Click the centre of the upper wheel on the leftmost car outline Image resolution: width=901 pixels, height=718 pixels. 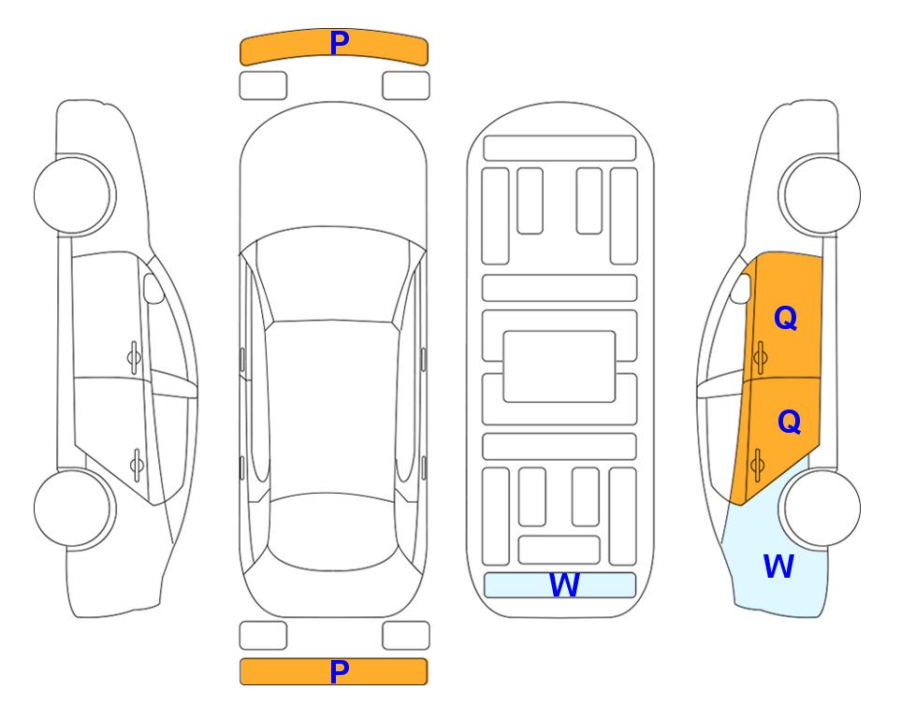coord(72,195)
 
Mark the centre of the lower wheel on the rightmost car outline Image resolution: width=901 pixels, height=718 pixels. coord(822,508)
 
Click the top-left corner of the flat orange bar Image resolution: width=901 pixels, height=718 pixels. coord(240,659)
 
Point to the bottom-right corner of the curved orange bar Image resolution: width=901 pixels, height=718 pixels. coord(428,65)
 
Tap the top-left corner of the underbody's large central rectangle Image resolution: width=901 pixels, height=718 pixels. coord(503,331)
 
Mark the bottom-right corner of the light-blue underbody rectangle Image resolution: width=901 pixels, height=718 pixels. coord(635,597)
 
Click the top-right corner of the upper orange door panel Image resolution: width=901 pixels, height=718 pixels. coord(822,256)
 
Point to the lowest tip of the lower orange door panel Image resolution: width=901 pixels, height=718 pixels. coord(741,506)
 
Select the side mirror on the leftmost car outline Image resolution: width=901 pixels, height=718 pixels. coord(153,288)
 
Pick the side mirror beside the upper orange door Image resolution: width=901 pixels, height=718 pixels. coord(741,288)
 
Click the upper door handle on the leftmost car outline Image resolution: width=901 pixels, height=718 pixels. coord(134,358)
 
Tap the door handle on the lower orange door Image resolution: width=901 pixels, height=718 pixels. coord(757,465)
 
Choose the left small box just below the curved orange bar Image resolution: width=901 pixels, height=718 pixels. coord(263,86)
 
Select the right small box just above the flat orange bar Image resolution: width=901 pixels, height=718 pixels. coord(406,636)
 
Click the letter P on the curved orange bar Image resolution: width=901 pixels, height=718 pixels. coord(340,43)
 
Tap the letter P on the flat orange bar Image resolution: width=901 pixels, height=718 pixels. coord(340,671)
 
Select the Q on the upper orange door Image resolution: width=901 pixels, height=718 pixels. coord(786,318)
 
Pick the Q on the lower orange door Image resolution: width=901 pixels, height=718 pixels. coord(789,422)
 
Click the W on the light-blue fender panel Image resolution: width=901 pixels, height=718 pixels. coord(778,567)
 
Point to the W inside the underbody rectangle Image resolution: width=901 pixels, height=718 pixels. coord(564,585)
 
